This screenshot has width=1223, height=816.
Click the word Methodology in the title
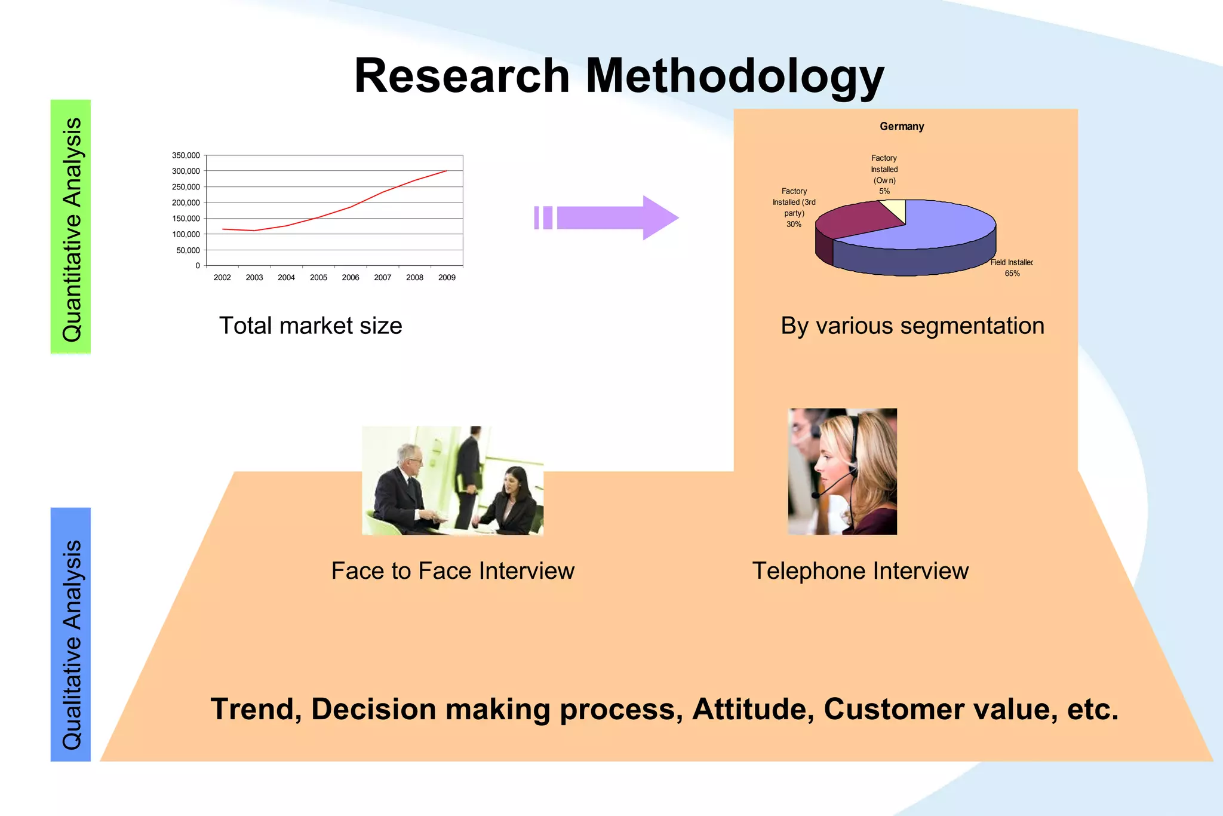(735, 76)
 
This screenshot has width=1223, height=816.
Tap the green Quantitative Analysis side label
(71, 227)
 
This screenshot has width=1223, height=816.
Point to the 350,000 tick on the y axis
(186, 155)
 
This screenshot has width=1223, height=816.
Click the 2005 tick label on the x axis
(318, 278)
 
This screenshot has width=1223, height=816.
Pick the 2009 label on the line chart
(447, 278)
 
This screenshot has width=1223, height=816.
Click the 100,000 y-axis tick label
(186, 234)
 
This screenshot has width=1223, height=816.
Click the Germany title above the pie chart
(902, 127)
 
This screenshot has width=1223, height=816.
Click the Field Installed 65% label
(1012, 268)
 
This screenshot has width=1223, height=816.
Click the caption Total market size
(311, 326)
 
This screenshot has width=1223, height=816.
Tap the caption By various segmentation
(912, 326)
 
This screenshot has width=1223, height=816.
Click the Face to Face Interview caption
(453, 571)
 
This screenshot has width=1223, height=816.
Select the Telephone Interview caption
(860, 571)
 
